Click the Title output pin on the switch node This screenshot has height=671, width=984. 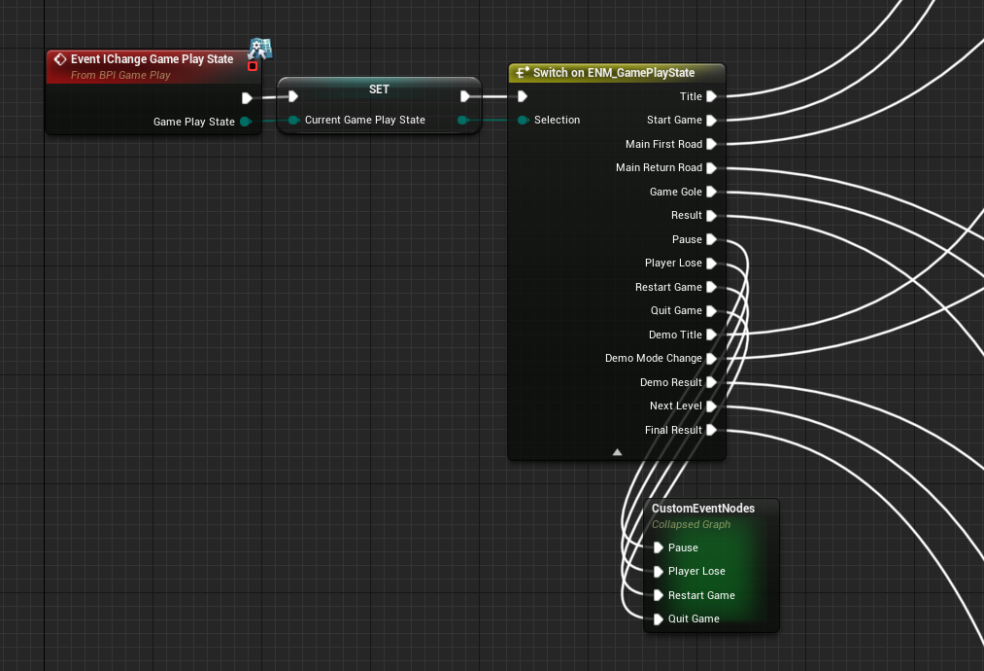pyautogui.click(x=712, y=96)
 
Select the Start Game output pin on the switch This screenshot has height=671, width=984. pyautogui.click(x=712, y=121)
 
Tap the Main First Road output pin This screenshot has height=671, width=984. pyautogui.click(x=712, y=145)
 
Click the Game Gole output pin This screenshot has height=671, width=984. pyautogui.click(x=712, y=193)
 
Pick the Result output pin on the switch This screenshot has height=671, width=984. pyautogui.click(x=712, y=216)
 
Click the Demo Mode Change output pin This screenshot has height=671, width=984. pyautogui.click(x=712, y=359)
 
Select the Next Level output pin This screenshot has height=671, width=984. pyautogui.click(x=712, y=406)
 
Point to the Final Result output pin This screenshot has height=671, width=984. pyautogui.click(x=712, y=431)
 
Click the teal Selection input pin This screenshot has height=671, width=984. pyautogui.click(x=523, y=120)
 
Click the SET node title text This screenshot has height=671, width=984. pyautogui.click(x=379, y=89)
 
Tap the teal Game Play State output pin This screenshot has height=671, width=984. pyautogui.click(x=246, y=122)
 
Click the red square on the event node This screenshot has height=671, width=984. pyautogui.click(x=253, y=66)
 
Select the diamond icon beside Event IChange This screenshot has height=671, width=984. pyautogui.click(x=60, y=59)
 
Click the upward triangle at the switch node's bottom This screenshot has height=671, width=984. pyautogui.click(x=618, y=452)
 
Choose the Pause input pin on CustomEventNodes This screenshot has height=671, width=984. pyautogui.click(x=659, y=547)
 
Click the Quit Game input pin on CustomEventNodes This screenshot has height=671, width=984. pyautogui.click(x=659, y=619)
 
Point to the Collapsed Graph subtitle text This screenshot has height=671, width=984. pyautogui.click(x=691, y=524)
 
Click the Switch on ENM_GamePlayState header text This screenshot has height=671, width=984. pyautogui.click(x=614, y=73)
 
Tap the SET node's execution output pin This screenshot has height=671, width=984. pyautogui.click(x=465, y=96)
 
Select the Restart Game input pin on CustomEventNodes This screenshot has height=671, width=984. pyautogui.click(x=659, y=595)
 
